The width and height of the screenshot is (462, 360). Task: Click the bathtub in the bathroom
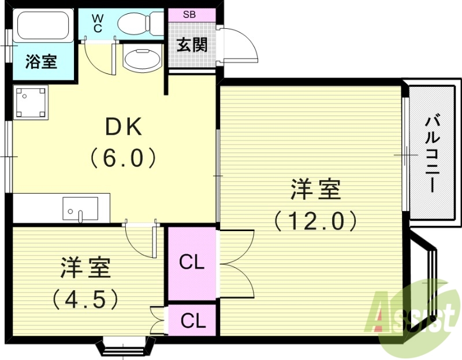click(x=43, y=26)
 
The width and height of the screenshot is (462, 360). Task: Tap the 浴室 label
click(x=42, y=61)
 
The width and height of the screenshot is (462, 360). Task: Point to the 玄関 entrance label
click(x=192, y=44)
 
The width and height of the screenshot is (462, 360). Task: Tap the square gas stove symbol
click(x=31, y=102)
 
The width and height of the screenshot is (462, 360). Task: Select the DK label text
click(x=122, y=127)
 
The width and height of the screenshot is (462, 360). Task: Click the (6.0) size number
click(x=122, y=157)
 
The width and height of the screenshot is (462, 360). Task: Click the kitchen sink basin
click(x=80, y=209)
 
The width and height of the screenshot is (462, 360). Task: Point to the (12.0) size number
click(x=315, y=220)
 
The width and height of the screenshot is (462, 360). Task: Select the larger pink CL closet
click(x=192, y=263)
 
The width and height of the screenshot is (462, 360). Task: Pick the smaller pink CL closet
click(x=192, y=320)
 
